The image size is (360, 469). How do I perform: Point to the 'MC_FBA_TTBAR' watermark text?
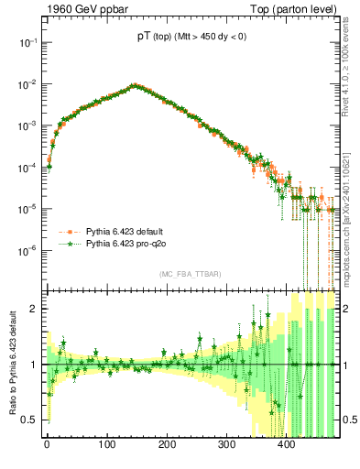tap(191, 275)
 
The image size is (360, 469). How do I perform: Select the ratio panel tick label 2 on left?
tap(33, 309)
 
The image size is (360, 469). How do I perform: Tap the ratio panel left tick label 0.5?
tap(29, 420)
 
